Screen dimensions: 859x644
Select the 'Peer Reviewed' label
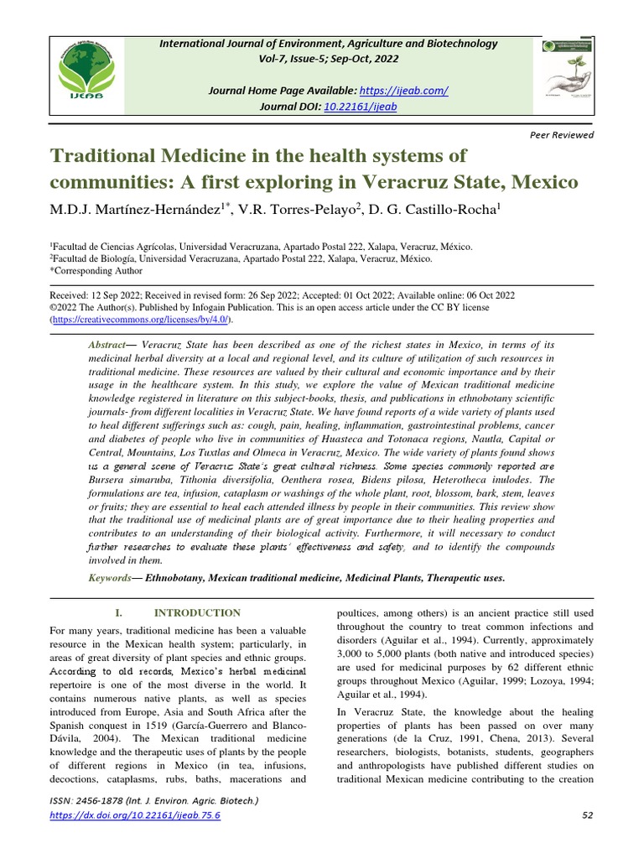(x=563, y=135)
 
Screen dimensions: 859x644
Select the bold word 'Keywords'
(x=110, y=578)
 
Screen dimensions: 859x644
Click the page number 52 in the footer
(x=587, y=815)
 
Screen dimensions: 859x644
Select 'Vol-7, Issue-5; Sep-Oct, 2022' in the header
(x=323, y=59)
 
